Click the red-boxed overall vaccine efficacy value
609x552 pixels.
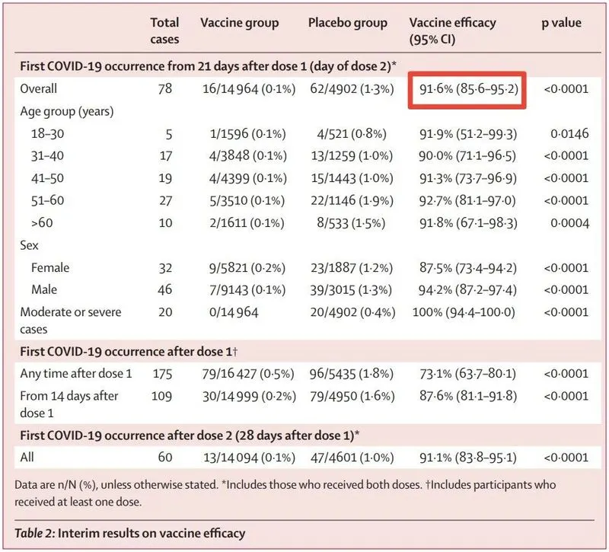tap(468, 90)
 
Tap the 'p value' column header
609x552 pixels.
tap(561, 23)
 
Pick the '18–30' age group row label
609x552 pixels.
tap(49, 134)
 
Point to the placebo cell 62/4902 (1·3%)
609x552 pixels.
tap(351, 90)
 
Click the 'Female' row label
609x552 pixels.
tap(51, 268)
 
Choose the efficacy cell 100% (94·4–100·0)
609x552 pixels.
tap(467, 312)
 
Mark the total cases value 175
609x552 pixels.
tap(161, 374)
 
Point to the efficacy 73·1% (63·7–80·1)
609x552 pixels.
tap(468, 374)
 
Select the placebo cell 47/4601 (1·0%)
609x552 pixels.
tap(351, 458)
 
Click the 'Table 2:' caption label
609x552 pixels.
tap(42, 532)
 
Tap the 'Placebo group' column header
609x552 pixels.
tap(347, 23)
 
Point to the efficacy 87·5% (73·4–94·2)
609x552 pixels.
tap(468, 268)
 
